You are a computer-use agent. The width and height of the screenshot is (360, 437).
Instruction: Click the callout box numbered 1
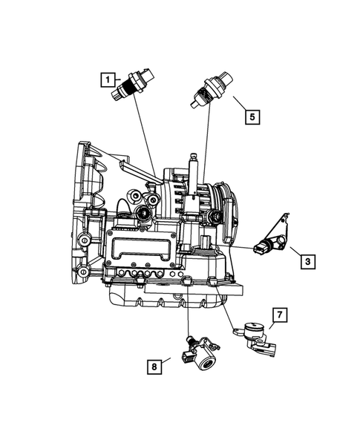(108, 79)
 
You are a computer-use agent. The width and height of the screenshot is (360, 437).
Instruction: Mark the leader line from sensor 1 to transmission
(144, 141)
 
